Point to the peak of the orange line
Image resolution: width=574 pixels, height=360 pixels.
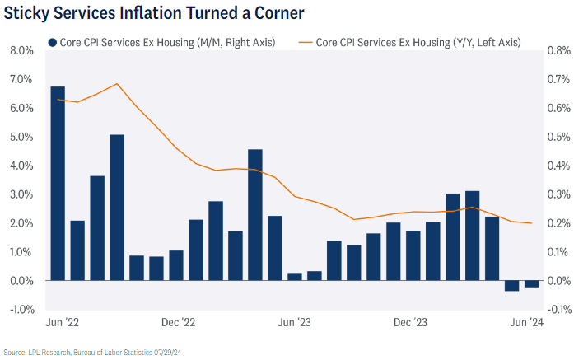117,84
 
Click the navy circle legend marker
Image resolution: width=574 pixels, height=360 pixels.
54,42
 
